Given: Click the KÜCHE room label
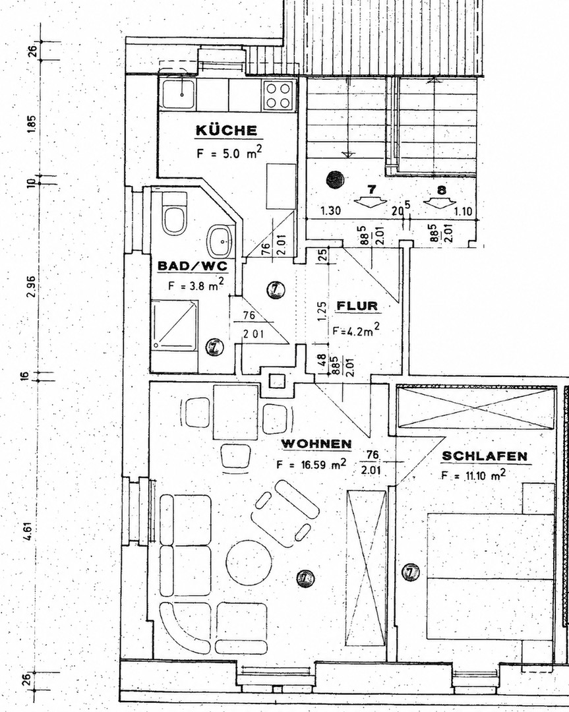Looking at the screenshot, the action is [227, 131].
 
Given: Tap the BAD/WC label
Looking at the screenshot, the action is [193, 266].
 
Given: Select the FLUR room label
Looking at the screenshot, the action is [357, 306].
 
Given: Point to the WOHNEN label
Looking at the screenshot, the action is [316, 444].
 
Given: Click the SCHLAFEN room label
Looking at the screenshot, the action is [485, 456].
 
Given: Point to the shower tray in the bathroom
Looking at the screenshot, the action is [174, 324].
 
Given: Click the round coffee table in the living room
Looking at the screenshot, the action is [249, 562].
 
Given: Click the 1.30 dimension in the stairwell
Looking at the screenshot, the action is [330, 211].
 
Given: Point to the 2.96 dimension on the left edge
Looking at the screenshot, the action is [31, 287].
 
